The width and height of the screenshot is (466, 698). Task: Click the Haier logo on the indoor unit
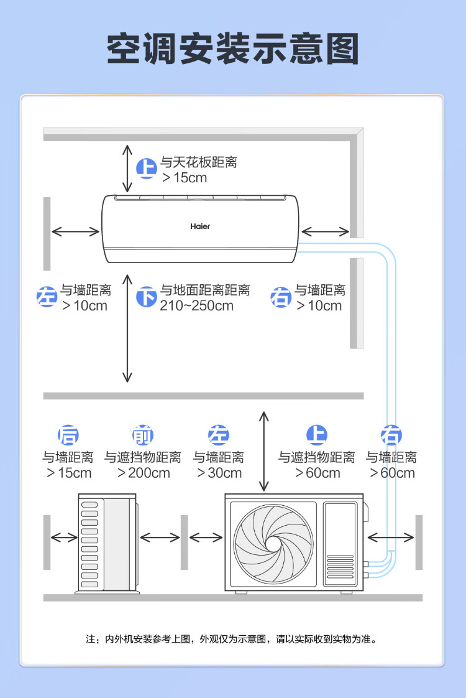(x=200, y=226)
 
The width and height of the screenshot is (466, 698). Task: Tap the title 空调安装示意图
(x=232, y=49)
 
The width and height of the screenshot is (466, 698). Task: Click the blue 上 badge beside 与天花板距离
(x=146, y=169)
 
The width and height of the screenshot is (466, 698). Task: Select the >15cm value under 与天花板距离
(x=185, y=178)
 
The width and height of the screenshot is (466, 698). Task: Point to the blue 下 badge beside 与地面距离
(x=146, y=297)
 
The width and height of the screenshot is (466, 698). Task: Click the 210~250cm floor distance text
(x=196, y=306)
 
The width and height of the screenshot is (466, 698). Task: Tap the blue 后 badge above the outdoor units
(x=68, y=435)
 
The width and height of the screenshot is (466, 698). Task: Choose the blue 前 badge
(x=143, y=435)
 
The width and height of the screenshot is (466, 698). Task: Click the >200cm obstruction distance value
(x=144, y=473)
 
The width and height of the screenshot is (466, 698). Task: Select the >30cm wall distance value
(x=219, y=473)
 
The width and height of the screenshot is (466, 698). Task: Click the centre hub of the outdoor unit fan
(x=273, y=544)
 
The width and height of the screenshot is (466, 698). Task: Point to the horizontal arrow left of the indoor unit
(x=76, y=231)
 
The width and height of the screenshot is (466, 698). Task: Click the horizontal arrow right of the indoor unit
(x=325, y=231)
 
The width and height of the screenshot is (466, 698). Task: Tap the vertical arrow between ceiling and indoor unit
(x=127, y=168)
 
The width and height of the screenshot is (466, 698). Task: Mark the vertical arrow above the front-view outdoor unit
(x=264, y=452)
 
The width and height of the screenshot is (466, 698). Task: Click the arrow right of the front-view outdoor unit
(x=391, y=537)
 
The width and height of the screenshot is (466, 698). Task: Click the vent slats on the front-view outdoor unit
(x=340, y=567)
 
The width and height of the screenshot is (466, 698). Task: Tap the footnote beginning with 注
(x=232, y=640)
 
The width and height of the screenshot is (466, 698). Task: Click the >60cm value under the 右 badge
(x=392, y=473)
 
